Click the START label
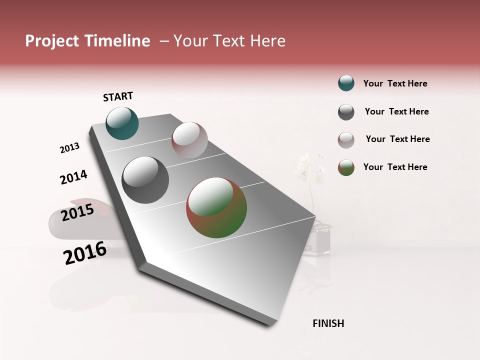point(118,96)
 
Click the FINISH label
point(328,323)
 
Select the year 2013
point(69,148)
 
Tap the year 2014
point(73,177)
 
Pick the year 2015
point(77,213)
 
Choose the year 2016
point(85,253)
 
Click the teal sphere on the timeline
point(122,123)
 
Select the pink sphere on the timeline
point(189,140)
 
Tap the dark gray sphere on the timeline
point(145,180)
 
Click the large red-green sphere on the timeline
point(216,207)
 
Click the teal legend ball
point(346,83)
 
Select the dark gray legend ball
point(346,112)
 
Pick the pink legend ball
point(346,140)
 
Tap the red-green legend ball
point(346,167)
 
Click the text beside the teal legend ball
point(395,83)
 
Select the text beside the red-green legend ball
point(395,167)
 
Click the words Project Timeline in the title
point(87,41)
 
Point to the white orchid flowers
point(308,168)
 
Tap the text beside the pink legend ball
point(397,139)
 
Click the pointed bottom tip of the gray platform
point(270,324)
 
